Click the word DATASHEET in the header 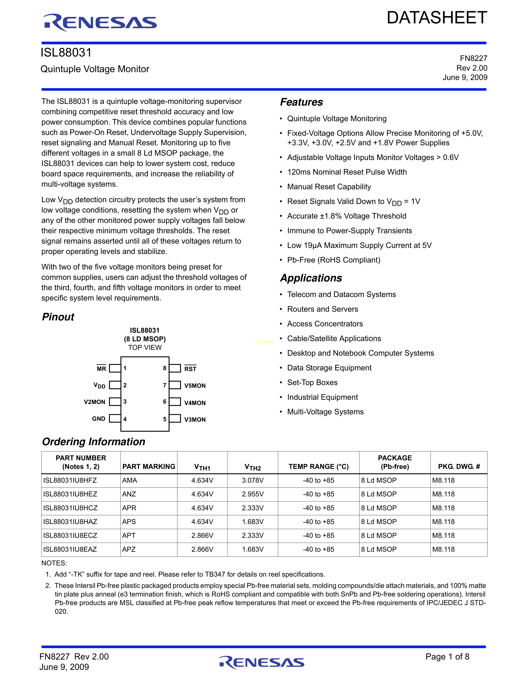pyautogui.click(x=437, y=18)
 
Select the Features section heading pyautogui.click(x=301, y=102)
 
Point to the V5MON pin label pyautogui.click(x=195, y=386)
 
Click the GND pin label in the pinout pyautogui.click(x=99, y=419)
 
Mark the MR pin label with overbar pyautogui.click(x=101, y=369)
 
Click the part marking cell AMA pyautogui.click(x=129, y=480)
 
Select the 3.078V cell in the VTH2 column pyautogui.click(x=252, y=480)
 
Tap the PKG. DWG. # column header pyautogui.click(x=459, y=467)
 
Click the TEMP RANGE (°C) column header pyautogui.click(x=318, y=467)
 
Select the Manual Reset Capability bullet pyautogui.click(x=329, y=187)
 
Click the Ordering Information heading pyautogui.click(x=94, y=442)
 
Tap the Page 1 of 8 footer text pyautogui.click(x=447, y=657)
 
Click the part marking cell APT pyautogui.click(x=129, y=535)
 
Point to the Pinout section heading pyautogui.click(x=58, y=317)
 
